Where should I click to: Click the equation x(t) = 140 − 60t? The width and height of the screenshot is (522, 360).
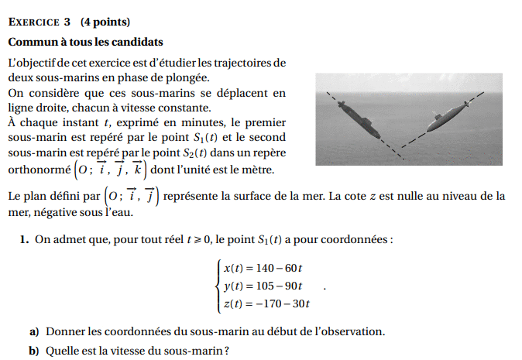(263, 269)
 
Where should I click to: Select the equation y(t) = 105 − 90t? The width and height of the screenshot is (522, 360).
(263, 286)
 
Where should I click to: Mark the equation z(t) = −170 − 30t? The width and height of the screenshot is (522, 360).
(266, 303)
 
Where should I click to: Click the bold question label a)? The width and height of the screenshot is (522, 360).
(34, 331)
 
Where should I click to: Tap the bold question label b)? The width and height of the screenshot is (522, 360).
(34, 350)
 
